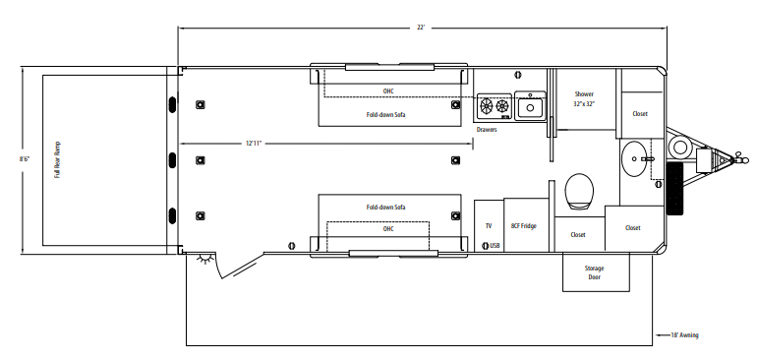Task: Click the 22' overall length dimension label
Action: coord(421,28)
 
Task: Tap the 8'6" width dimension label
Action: coord(25,158)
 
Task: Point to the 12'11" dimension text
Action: coord(254,144)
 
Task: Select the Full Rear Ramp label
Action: coord(57,160)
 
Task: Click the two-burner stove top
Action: coord(495,106)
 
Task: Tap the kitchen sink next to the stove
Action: coord(530,106)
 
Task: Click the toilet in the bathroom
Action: coord(579,192)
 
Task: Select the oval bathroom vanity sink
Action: coord(635,158)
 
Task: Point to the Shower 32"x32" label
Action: coord(584,98)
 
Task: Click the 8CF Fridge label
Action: coord(524,225)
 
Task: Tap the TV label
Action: coord(489,225)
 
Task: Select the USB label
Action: coord(495,246)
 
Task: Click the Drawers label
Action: coord(487,130)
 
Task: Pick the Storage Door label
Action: coord(595,272)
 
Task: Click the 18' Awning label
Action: coord(684,334)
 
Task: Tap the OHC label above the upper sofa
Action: coord(388,90)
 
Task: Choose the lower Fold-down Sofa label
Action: coord(385,207)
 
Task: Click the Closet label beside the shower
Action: coord(640,113)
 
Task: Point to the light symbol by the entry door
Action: coord(206,260)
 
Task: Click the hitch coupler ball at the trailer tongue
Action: coord(745,160)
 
